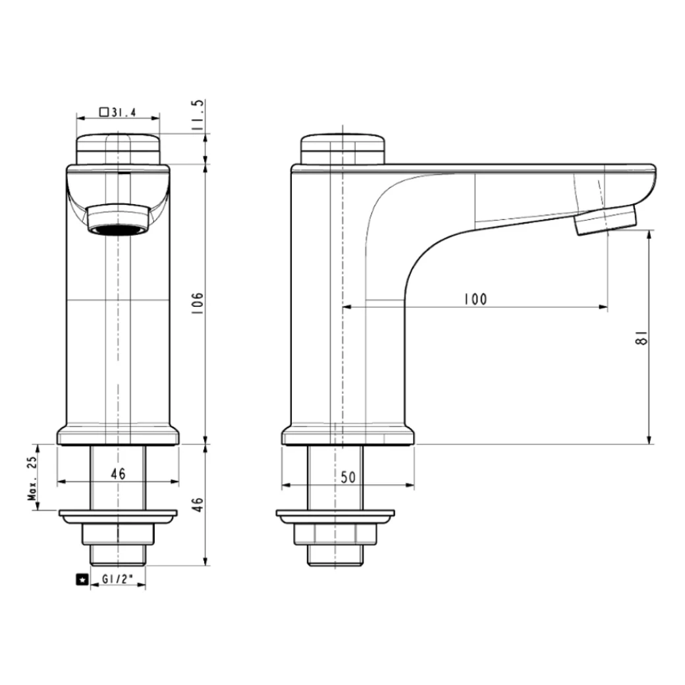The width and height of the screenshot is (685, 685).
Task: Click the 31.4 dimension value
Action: coord(123,113)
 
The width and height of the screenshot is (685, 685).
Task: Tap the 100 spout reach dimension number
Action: coord(474,299)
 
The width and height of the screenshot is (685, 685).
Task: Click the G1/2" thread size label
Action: coord(117,580)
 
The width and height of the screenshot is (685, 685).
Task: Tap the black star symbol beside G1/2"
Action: coord(82,580)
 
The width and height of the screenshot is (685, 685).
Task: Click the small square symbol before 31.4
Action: coord(104,113)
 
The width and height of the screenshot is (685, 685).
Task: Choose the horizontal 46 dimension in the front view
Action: coord(118,474)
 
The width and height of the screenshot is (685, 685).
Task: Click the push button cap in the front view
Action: coord(119,149)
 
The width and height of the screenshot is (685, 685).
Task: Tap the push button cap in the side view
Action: coord(342,149)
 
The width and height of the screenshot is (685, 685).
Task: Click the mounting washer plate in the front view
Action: coord(119,514)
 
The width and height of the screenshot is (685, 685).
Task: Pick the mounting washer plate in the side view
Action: coord(336,514)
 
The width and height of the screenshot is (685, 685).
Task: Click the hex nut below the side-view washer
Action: coord(336,533)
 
